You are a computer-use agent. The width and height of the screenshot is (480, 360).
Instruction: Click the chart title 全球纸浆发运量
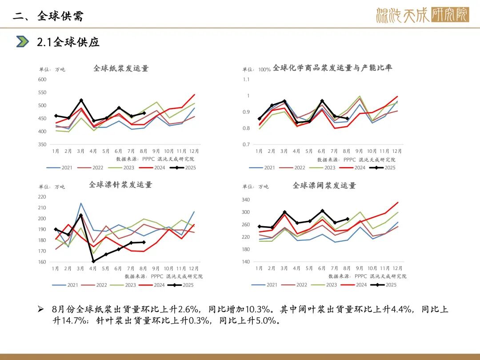[x=121, y=68]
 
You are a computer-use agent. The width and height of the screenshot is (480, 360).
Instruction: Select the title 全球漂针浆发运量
[x=120, y=184]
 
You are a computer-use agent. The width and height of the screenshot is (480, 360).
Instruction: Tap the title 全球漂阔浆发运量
[x=324, y=185]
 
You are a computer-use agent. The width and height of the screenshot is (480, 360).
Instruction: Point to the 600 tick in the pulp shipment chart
[x=42, y=80]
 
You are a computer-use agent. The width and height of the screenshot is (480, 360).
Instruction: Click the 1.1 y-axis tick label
[x=246, y=80]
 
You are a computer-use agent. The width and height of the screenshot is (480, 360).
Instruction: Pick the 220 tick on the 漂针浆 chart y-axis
[x=42, y=197]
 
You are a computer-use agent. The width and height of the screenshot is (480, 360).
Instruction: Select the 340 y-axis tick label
[x=246, y=200]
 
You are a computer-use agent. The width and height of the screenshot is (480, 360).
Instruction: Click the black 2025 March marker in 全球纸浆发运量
[x=81, y=100]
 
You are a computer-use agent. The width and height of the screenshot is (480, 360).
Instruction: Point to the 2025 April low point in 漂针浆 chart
[x=93, y=261]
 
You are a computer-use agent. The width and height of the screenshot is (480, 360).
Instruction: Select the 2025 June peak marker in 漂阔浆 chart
[x=322, y=211]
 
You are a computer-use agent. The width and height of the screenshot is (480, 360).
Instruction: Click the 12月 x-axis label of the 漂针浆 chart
[x=194, y=269]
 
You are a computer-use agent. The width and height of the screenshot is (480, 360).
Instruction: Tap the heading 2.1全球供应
[x=68, y=42]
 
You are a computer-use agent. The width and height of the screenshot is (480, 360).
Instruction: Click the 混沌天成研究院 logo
[x=422, y=15]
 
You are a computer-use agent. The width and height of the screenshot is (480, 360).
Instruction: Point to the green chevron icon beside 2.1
[x=22, y=42]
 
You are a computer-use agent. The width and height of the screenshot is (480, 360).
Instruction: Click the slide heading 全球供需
[x=61, y=16]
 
